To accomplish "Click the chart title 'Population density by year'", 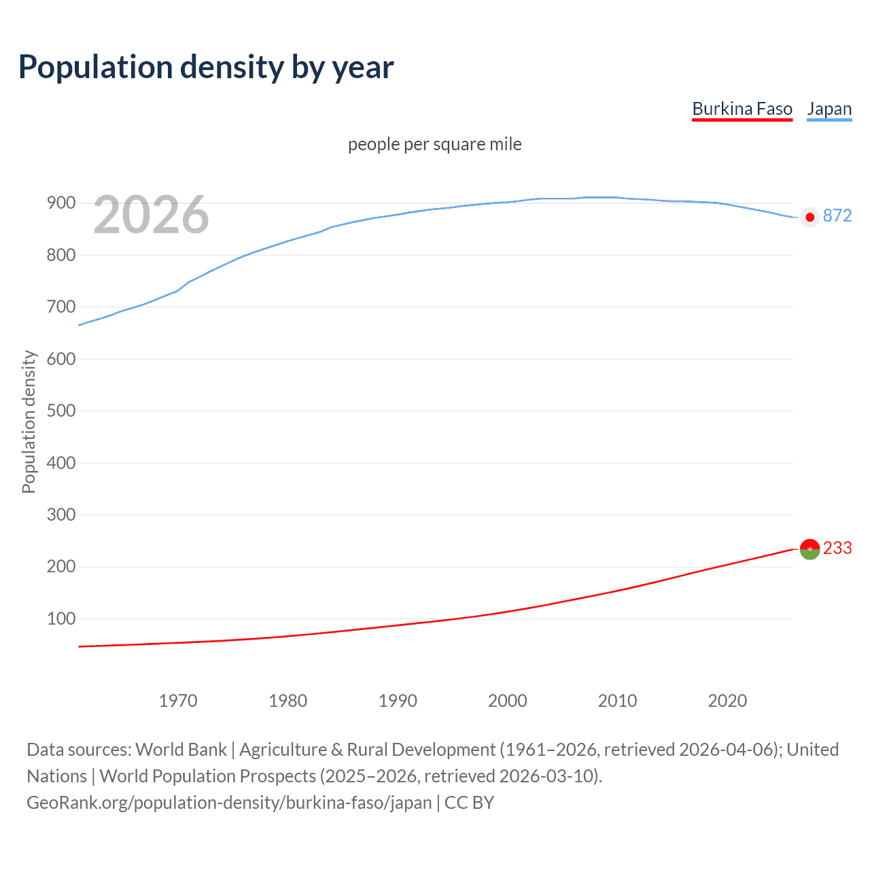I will point(206,67).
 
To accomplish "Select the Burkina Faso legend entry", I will point(742,109).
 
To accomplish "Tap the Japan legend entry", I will point(829,109).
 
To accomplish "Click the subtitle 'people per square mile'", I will point(434,145).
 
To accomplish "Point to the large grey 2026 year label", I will point(151,215).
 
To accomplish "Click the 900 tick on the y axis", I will point(60,203).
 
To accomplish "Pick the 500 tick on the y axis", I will point(60,411).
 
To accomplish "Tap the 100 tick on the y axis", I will point(60,619).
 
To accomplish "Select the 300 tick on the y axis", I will point(60,515).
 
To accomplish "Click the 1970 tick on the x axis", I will point(178,701).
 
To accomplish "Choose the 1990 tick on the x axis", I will point(398,701).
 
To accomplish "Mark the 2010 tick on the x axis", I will point(617,701).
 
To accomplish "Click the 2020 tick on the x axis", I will point(727,701).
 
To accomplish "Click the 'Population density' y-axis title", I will point(29,421).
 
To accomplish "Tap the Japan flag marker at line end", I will point(810,217).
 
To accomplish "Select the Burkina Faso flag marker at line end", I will point(810,549).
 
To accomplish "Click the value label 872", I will point(837,216).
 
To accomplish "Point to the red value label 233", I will point(837,549).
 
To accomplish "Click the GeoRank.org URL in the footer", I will point(229,803).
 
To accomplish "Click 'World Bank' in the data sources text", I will point(181,750).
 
